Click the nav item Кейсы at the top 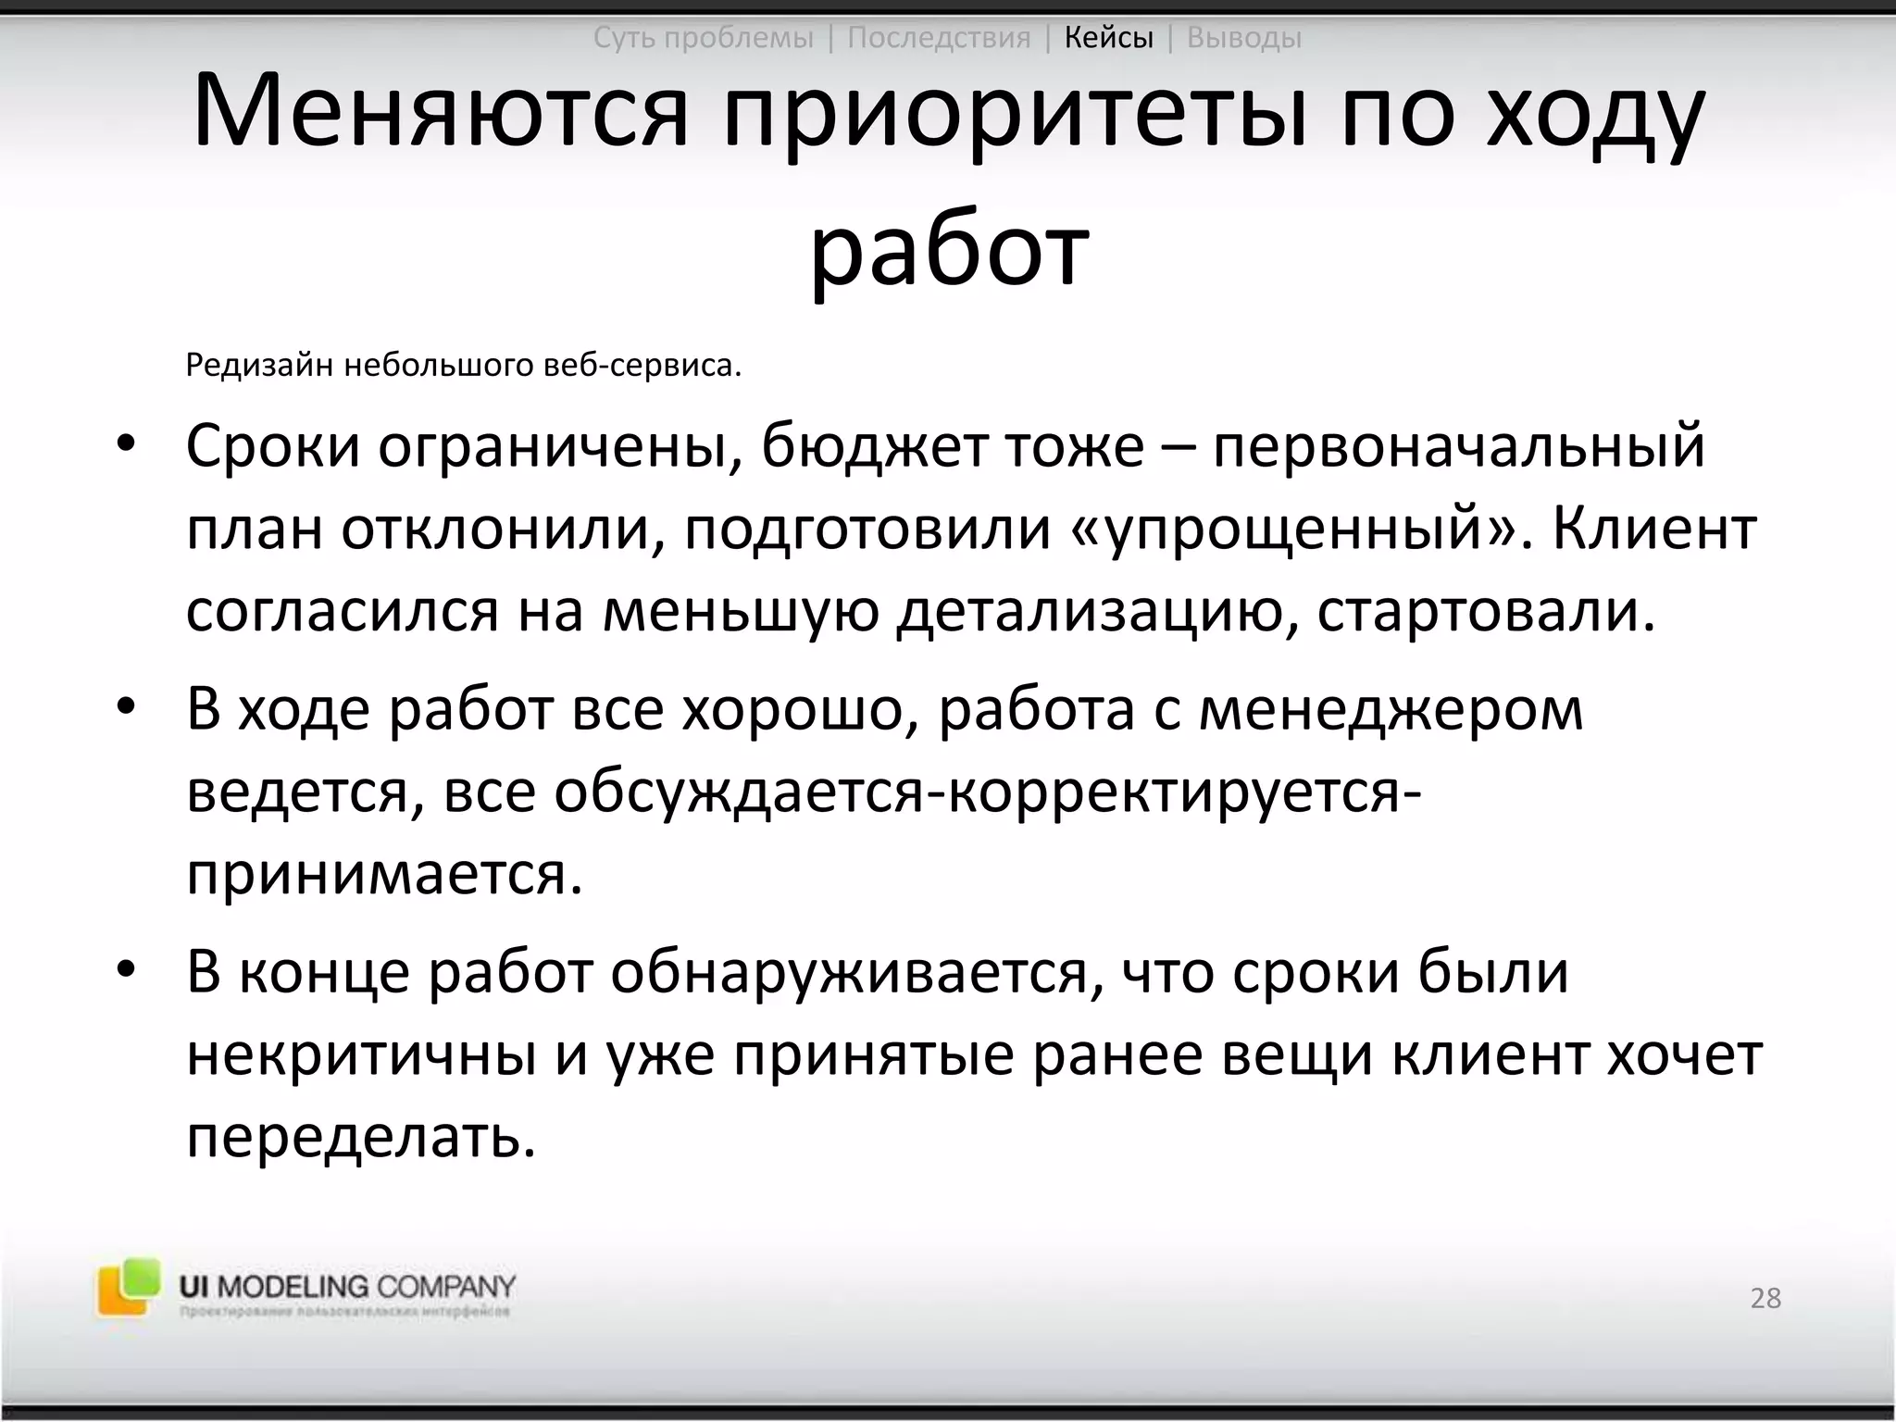click(x=1108, y=38)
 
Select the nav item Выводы click(x=1243, y=38)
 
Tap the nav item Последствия click(x=939, y=38)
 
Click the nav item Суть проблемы click(x=703, y=38)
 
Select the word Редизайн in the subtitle click(x=258, y=366)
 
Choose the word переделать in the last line click(x=361, y=1138)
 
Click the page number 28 click(x=1765, y=1298)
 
